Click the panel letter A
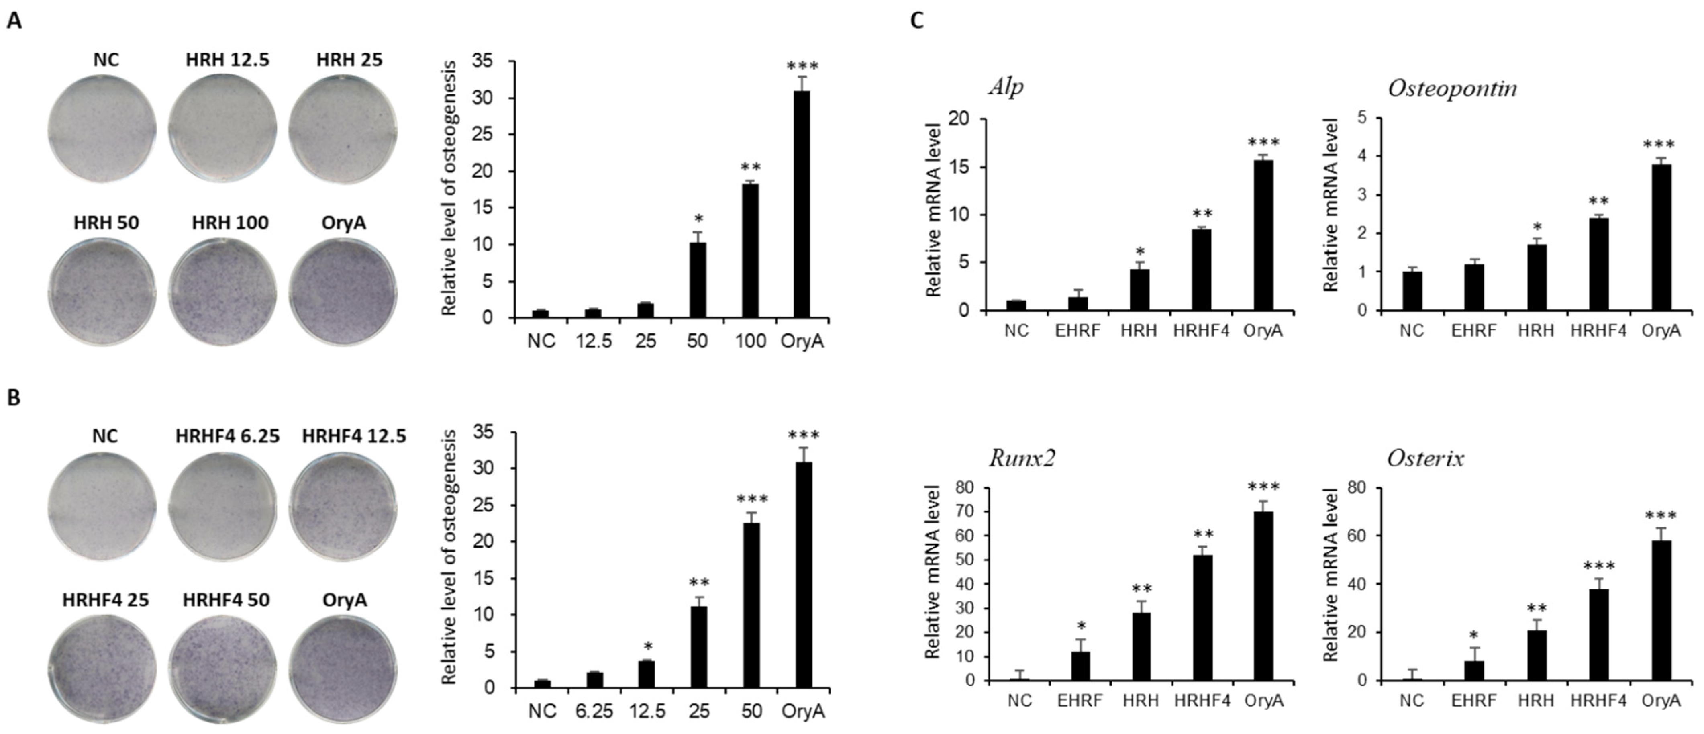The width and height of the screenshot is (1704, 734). click(14, 21)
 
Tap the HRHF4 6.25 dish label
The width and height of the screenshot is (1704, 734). click(227, 436)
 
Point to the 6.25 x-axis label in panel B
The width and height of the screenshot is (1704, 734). click(593, 711)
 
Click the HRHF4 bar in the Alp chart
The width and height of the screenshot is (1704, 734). click(1201, 270)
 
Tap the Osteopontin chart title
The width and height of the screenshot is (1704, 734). click(1452, 88)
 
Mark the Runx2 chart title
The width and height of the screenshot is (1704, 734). click(1021, 458)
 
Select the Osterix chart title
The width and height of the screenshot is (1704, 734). click(1426, 458)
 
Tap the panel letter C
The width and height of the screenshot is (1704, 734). click(917, 21)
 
